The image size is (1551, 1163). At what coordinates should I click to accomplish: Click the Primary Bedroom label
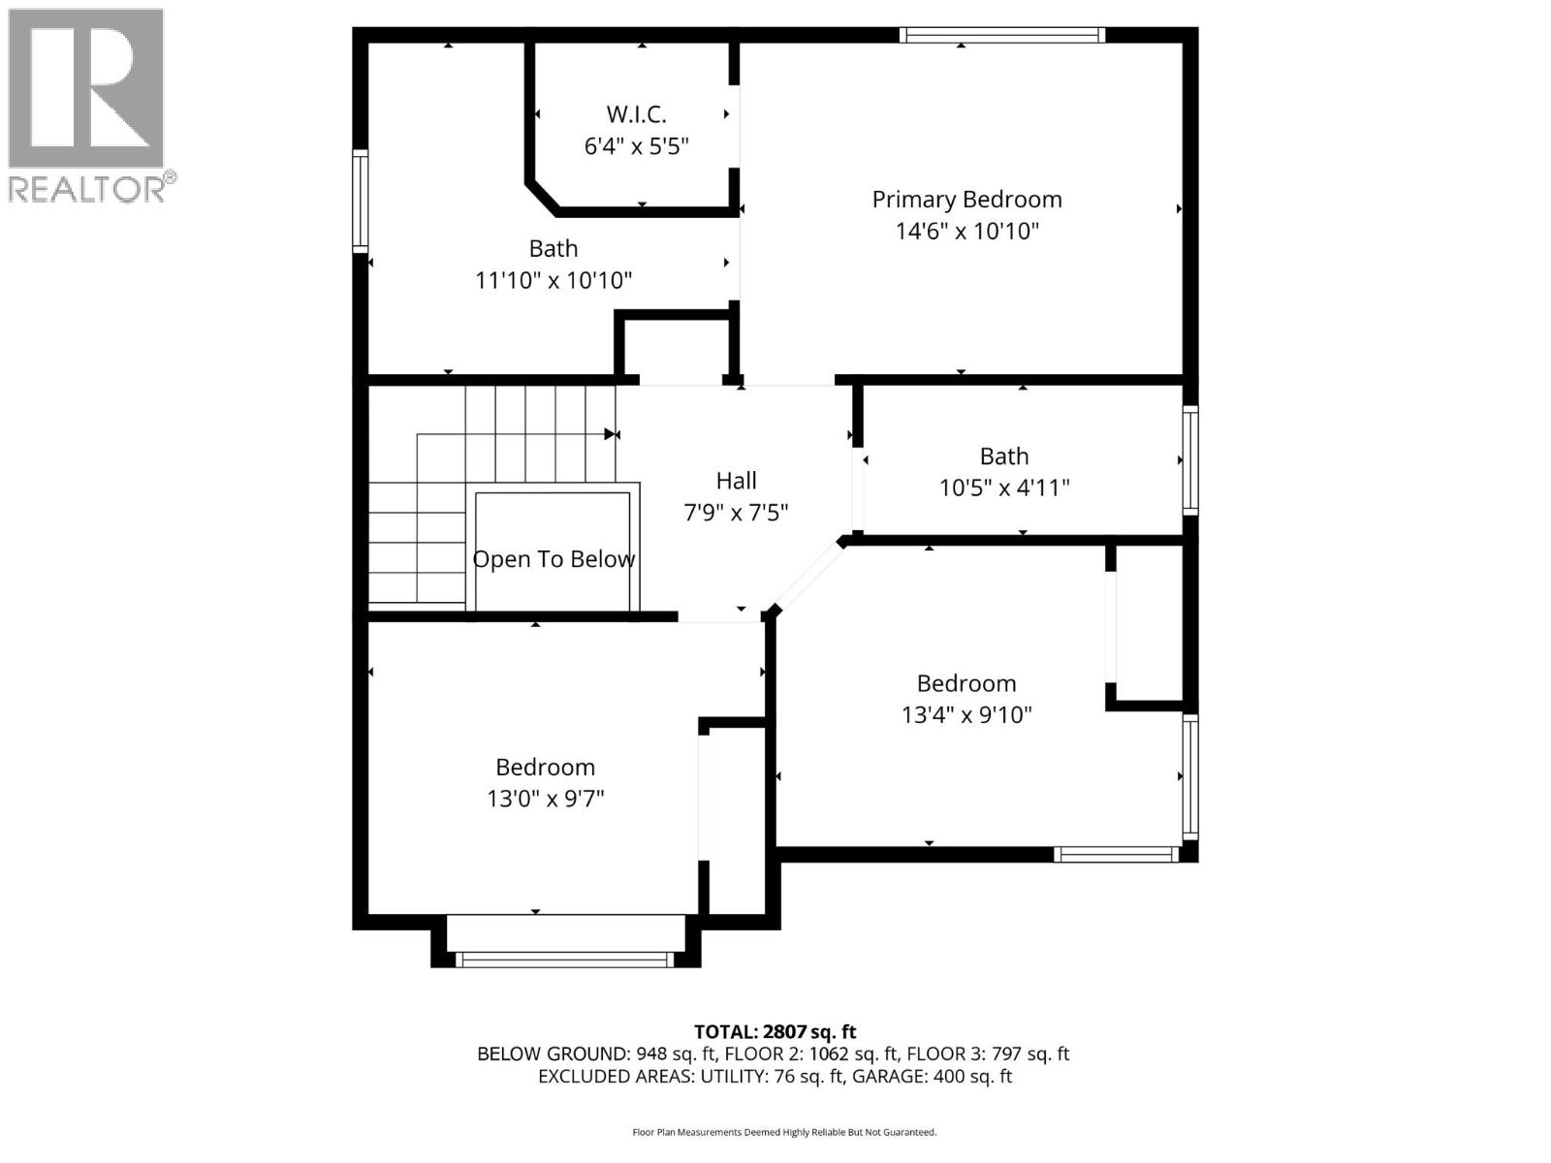[x=966, y=200]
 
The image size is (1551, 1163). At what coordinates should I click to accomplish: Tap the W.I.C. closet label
[x=636, y=114]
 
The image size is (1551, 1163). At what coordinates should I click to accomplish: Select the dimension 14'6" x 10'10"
[x=966, y=232]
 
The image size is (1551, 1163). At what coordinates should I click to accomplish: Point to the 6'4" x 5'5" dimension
[x=636, y=146]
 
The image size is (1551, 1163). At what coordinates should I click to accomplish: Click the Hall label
[x=736, y=481]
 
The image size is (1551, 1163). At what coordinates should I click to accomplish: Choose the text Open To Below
[x=554, y=559]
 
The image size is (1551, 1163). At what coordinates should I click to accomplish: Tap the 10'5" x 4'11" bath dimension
[x=1003, y=487]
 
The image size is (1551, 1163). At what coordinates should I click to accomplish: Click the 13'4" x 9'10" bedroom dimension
[x=965, y=715]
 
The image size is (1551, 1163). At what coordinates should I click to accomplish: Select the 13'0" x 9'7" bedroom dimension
[x=545, y=800]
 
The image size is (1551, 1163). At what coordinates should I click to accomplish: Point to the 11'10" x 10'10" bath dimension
[x=553, y=281]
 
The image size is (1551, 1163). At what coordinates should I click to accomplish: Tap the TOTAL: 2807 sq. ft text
[x=775, y=1032]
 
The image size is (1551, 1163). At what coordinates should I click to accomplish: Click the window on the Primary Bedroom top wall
[x=1001, y=36]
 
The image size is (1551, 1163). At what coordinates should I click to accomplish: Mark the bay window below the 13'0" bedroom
[x=564, y=959]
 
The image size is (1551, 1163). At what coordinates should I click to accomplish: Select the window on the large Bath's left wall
[x=360, y=201]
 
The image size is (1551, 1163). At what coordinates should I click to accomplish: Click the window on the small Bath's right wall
[x=1189, y=459]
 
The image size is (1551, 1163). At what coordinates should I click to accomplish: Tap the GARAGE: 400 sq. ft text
[x=932, y=1077]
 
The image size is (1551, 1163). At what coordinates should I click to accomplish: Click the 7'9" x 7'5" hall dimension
[x=736, y=513]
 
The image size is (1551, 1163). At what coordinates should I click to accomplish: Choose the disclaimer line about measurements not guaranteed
[x=784, y=1132]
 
